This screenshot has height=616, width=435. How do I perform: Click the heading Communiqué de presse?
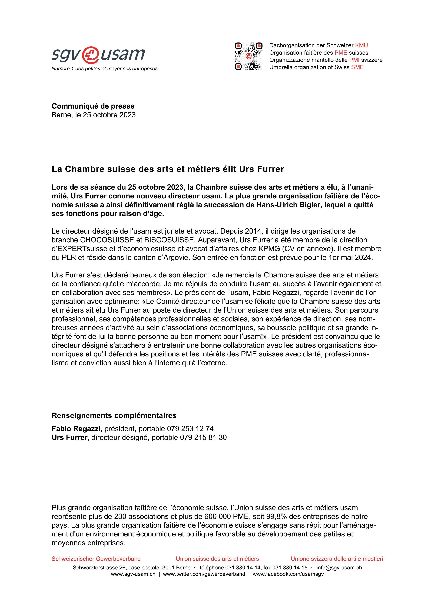pos(93,106)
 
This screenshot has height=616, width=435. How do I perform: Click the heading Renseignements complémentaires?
pos(114,416)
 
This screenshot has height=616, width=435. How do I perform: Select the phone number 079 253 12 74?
pos(190,428)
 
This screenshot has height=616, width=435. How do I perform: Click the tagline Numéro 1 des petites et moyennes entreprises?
pos(105,69)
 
